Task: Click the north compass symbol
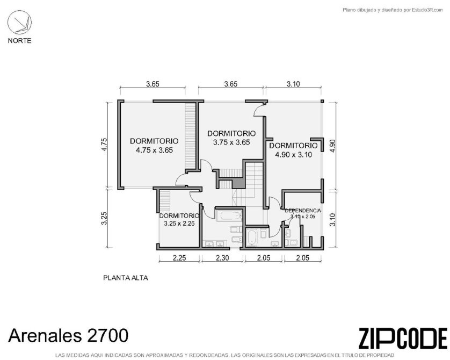[x=19, y=23]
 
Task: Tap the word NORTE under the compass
[x=19, y=41]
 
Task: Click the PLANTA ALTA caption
[x=126, y=278]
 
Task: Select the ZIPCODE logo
[x=403, y=338]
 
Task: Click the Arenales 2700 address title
[x=68, y=335]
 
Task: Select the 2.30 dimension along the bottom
[x=222, y=258]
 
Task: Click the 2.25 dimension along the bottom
[x=179, y=258]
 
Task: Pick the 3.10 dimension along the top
[x=293, y=84]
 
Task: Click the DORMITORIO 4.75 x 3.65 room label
[x=154, y=146]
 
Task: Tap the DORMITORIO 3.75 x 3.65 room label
[x=231, y=138]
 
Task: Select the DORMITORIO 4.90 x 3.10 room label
[x=293, y=150]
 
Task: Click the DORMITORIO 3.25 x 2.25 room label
[x=179, y=219]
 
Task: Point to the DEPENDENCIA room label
[x=303, y=211]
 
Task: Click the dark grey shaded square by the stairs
[x=238, y=183]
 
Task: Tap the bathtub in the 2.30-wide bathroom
[x=228, y=216]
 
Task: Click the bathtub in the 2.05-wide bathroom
[x=252, y=237]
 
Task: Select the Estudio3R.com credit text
[x=393, y=10]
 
